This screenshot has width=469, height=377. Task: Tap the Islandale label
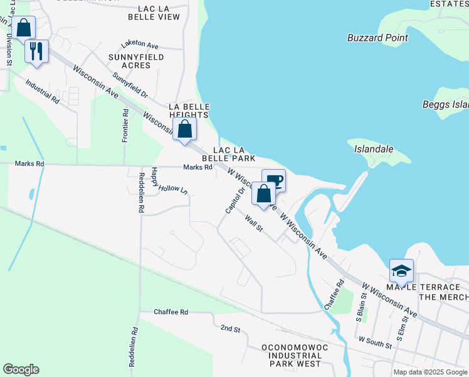point(374,150)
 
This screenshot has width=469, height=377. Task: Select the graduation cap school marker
point(401,271)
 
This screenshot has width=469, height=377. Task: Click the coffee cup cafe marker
point(273,181)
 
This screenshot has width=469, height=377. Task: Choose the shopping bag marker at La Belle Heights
point(185,130)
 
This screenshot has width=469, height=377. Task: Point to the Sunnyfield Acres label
point(137,61)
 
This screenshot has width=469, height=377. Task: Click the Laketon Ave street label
point(140,45)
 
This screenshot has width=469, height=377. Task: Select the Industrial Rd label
point(43,91)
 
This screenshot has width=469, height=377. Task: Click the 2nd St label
point(230,328)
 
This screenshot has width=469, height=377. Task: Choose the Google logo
point(21,369)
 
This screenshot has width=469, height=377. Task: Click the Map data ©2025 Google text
point(430,372)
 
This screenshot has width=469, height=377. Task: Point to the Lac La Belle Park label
point(233,155)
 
